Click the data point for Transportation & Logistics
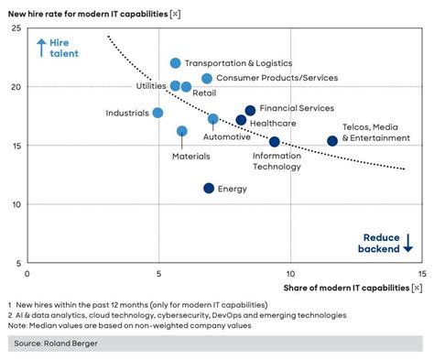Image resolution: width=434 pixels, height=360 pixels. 176,63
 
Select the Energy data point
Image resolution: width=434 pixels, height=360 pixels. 209,189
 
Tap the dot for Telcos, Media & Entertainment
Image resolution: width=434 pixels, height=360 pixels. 332,141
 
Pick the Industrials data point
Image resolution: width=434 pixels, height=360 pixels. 157,113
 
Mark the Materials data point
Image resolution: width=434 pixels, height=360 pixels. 182,131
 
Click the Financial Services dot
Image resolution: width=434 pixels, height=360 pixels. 250,111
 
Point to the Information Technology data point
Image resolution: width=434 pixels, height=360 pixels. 275,142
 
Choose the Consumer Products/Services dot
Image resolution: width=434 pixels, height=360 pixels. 207,79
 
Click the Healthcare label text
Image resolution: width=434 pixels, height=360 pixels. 273,124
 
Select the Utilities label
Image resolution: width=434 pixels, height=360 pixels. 151,85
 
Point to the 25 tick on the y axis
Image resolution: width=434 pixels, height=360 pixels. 16,28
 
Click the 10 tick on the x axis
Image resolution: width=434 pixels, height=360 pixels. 290,274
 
